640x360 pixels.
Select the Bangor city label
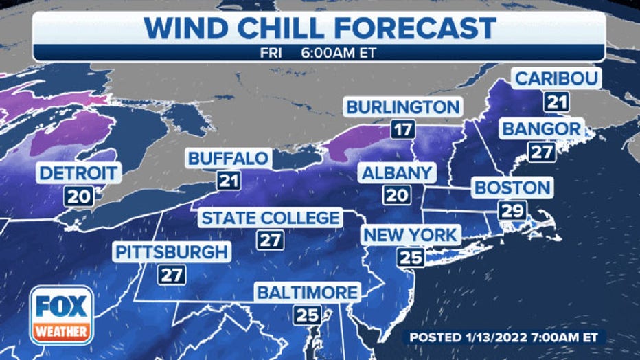(542, 128)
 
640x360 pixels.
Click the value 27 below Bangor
(542, 152)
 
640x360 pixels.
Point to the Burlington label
(402, 107)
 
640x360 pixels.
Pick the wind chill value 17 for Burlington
(402, 130)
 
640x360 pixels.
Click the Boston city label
(512, 187)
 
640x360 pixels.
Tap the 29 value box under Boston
(512, 210)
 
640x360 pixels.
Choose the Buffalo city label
(228, 159)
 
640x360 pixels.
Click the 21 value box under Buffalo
(227, 182)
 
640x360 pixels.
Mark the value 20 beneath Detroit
(79, 196)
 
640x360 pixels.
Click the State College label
(270, 218)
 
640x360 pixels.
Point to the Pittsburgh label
(171, 252)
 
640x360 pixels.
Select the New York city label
(410, 235)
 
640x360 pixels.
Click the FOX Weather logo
(61, 315)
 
